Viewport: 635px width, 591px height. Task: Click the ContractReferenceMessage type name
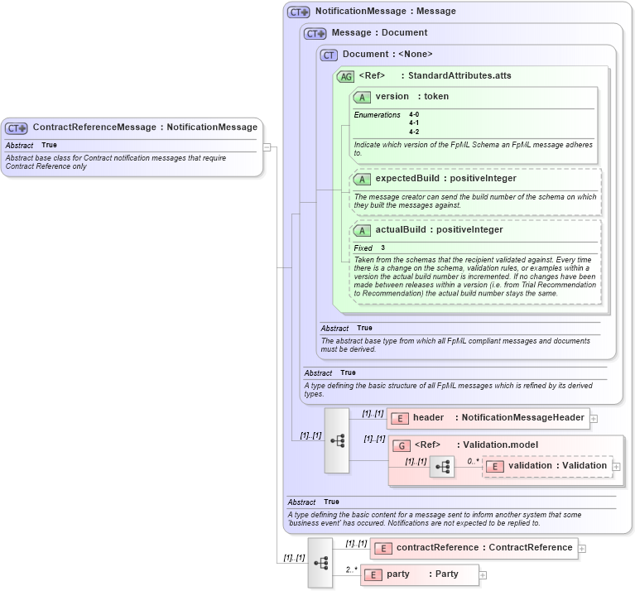(94, 127)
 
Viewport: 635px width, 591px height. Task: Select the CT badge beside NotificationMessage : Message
(298, 12)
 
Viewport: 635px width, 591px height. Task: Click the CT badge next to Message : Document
(315, 34)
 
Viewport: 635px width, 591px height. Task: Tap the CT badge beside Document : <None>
(329, 55)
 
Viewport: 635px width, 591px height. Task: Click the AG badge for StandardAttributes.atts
(345, 76)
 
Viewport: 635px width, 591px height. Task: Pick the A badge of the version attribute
(362, 97)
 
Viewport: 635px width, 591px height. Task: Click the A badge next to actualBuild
(362, 231)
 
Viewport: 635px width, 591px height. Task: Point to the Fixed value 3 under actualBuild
(382, 248)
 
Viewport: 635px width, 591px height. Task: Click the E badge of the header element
(399, 418)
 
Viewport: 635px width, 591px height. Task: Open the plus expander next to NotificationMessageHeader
(594, 419)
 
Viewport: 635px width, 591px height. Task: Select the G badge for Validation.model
(401, 445)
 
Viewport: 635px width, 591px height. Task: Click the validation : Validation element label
(557, 466)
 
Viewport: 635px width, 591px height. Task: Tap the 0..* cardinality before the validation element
(473, 461)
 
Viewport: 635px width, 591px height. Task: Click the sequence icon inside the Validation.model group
(442, 467)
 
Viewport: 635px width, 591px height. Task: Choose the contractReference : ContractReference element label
(484, 547)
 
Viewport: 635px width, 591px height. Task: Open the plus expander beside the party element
(483, 575)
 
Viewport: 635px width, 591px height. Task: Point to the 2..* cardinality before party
(350, 569)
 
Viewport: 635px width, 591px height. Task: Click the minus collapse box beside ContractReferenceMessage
(267, 147)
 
